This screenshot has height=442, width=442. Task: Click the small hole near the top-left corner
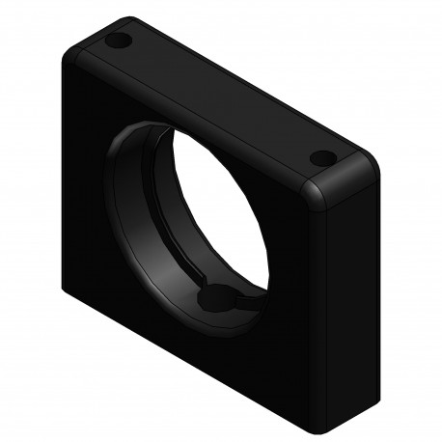[120, 42]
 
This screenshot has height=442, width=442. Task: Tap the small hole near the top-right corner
[321, 158]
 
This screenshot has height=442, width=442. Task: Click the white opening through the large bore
[217, 212]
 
